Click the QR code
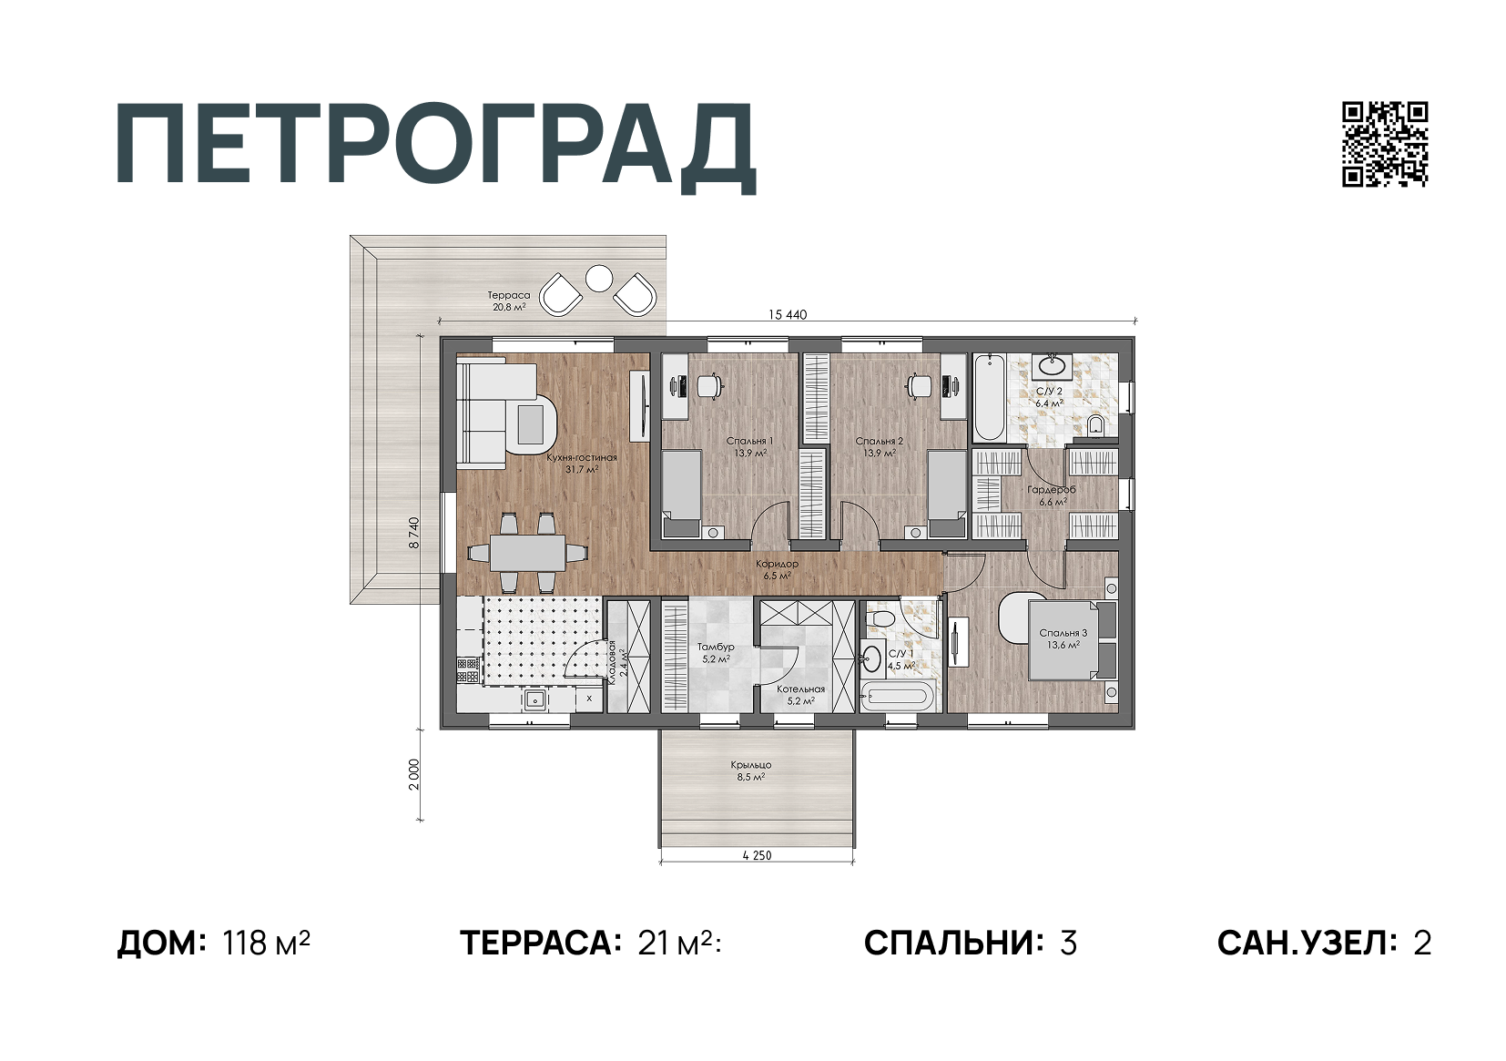(x=1384, y=144)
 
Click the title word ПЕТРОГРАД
(x=435, y=146)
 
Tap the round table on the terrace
(x=598, y=278)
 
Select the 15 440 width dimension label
(x=788, y=315)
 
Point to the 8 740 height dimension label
(x=414, y=532)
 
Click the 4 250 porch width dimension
(x=757, y=855)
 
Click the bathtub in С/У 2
(x=988, y=398)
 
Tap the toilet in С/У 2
(x=1095, y=424)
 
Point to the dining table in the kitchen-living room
(x=526, y=553)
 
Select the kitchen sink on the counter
(x=534, y=699)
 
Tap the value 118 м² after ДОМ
(x=266, y=943)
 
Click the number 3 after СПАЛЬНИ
(x=1068, y=943)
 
